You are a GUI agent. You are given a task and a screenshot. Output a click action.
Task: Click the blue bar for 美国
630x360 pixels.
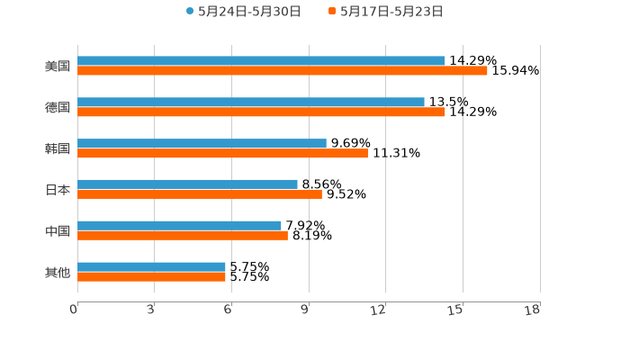pyautogui.click(x=261, y=61)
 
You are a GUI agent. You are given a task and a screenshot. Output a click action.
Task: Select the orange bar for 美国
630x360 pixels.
pyautogui.click(x=282, y=71)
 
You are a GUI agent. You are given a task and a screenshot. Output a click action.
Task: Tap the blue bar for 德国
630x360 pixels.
pyautogui.click(x=251, y=103)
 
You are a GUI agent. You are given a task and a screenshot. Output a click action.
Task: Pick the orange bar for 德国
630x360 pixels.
pyautogui.click(x=261, y=112)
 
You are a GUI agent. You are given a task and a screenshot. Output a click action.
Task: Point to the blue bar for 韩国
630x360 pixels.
pyautogui.click(x=202, y=143)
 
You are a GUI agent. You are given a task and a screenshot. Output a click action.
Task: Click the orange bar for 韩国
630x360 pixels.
pyautogui.click(x=222, y=153)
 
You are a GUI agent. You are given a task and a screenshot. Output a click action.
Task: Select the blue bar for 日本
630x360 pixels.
pyautogui.click(x=187, y=184)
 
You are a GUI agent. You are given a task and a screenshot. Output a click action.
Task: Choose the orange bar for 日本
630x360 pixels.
pyautogui.click(x=200, y=194)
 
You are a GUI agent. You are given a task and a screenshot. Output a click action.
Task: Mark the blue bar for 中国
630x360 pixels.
pyautogui.click(x=179, y=225)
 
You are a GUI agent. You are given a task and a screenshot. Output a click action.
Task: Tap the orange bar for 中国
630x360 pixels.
pyautogui.click(x=183, y=236)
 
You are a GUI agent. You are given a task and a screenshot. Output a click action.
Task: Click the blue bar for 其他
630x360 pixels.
pyautogui.click(x=151, y=266)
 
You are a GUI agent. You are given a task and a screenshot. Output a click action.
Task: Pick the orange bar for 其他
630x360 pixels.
pyautogui.click(x=151, y=277)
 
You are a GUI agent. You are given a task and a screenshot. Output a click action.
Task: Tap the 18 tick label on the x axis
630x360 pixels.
pyautogui.click(x=535, y=310)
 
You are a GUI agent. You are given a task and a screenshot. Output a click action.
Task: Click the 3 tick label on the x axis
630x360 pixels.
pyautogui.click(x=150, y=310)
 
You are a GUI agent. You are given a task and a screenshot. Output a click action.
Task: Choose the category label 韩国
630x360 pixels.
pyautogui.click(x=58, y=148)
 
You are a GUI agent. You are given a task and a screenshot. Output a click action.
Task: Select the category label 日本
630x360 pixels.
pyautogui.click(x=58, y=190)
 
